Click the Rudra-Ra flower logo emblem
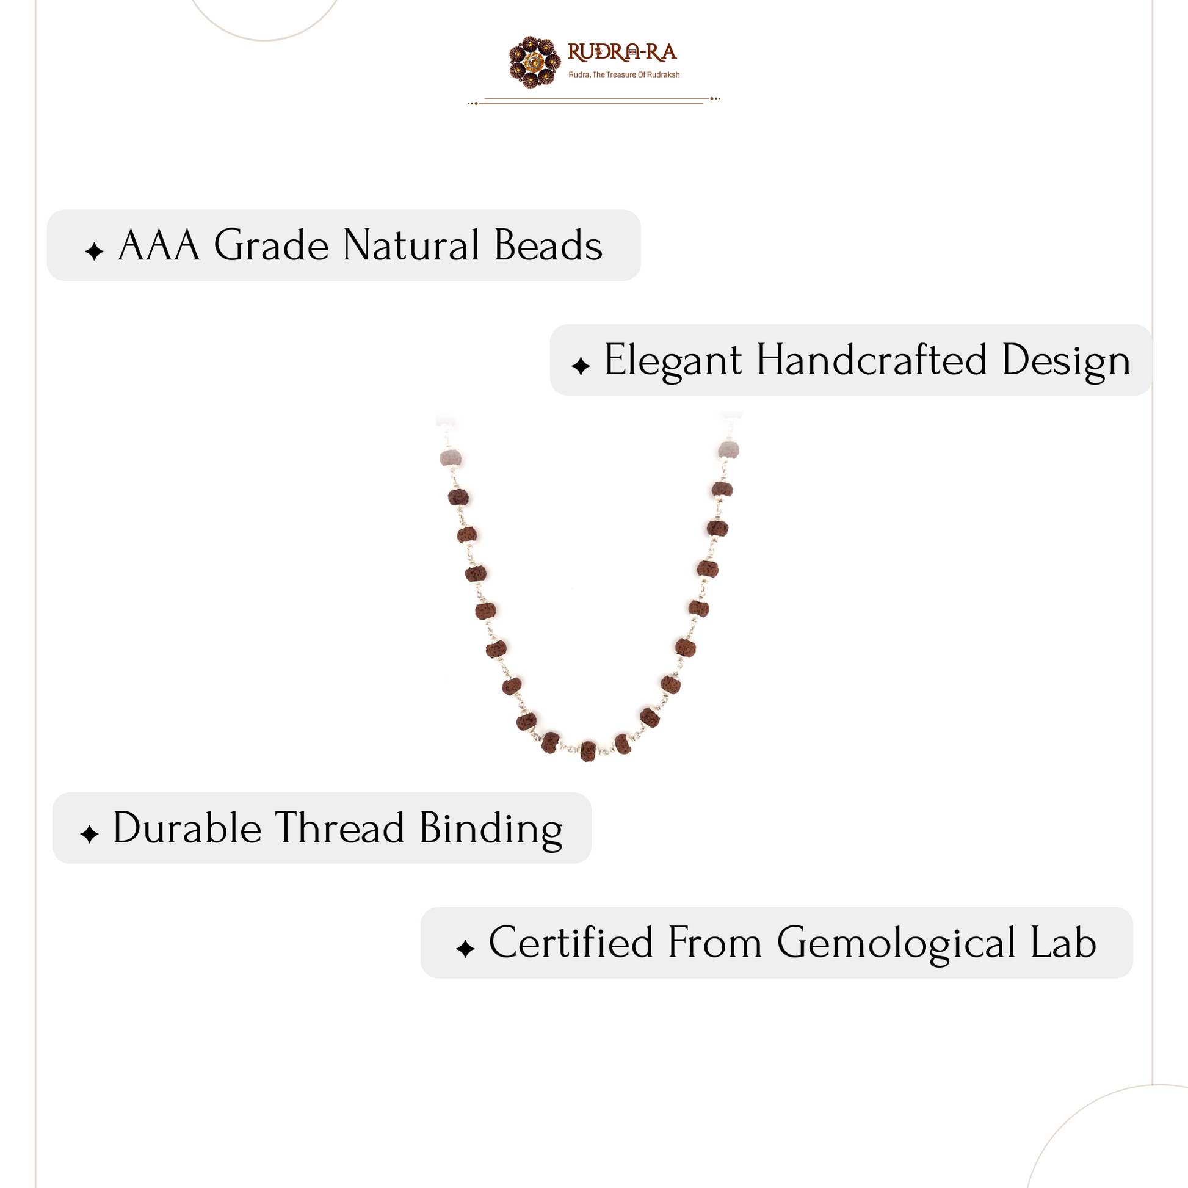(x=535, y=62)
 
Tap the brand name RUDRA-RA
(x=621, y=53)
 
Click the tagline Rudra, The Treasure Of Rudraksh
(x=624, y=75)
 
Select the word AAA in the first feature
(x=159, y=246)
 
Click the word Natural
(x=411, y=246)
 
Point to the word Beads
(x=548, y=246)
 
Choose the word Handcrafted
(x=871, y=360)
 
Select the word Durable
(x=187, y=828)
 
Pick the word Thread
(x=339, y=828)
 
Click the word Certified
(x=571, y=943)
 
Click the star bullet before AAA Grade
(x=94, y=252)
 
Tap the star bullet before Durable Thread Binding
(x=89, y=835)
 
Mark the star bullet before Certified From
(x=465, y=949)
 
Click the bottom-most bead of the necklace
(x=589, y=751)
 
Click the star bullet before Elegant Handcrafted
(x=581, y=366)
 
